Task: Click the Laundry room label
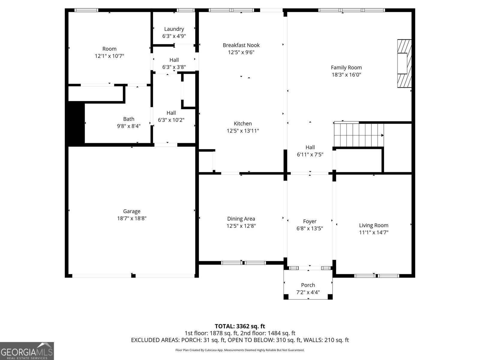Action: coord(174,29)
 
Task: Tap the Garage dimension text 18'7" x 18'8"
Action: coord(132,218)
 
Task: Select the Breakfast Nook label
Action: coord(241,45)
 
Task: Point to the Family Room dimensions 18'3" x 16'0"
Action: coord(346,75)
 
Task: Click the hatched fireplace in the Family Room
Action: coord(404,63)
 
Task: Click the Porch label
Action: coord(308,285)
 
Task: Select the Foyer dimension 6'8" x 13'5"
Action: coord(310,229)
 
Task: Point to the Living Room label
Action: coord(373,225)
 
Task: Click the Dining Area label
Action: coord(241,219)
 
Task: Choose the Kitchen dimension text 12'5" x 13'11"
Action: coord(243,131)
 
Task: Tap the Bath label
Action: coord(129,119)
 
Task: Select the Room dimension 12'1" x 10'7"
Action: coord(109,56)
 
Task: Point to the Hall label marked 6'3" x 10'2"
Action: coord(171,113)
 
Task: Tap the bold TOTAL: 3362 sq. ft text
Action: coord(240,326)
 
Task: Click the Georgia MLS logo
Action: coord(27,351)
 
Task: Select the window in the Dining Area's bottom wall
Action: coord(243,263)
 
